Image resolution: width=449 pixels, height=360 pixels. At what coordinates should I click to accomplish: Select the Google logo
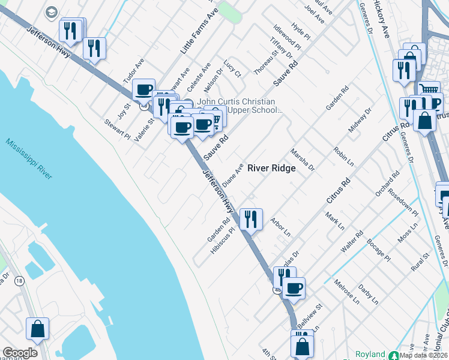(x=20, y=353)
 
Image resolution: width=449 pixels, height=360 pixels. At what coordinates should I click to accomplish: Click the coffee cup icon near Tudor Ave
(x=143, y=91)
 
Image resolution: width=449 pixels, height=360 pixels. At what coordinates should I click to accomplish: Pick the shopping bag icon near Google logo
(x=37, y=329)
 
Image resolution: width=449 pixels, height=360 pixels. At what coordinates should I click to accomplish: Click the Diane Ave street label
(x=232, y=175)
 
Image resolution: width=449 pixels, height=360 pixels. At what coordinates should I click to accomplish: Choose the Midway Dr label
(x=360, y=121)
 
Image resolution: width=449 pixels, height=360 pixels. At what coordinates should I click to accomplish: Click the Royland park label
(x=370, y=354)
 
